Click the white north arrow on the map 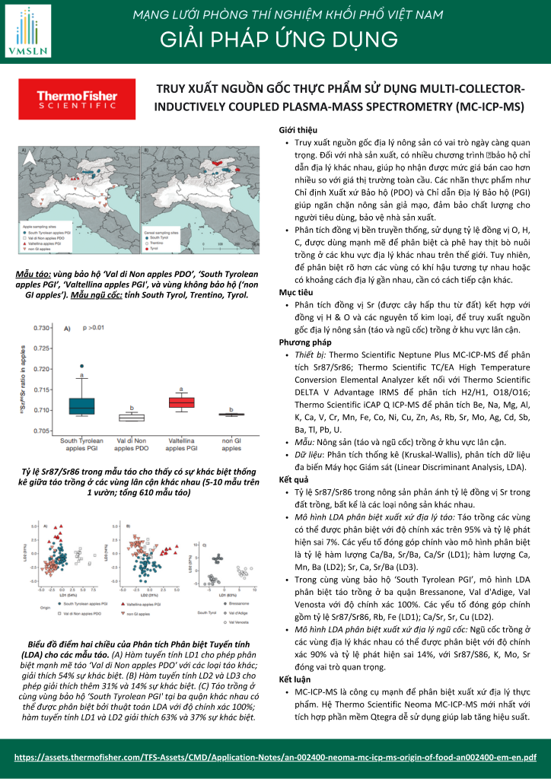pos(30,158)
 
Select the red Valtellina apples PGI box pos(182,402)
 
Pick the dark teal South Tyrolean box pos(81,405)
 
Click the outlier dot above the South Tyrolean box pos(81,366)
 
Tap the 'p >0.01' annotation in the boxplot pos(94,328)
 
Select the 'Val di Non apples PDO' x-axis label pos(131,445)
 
